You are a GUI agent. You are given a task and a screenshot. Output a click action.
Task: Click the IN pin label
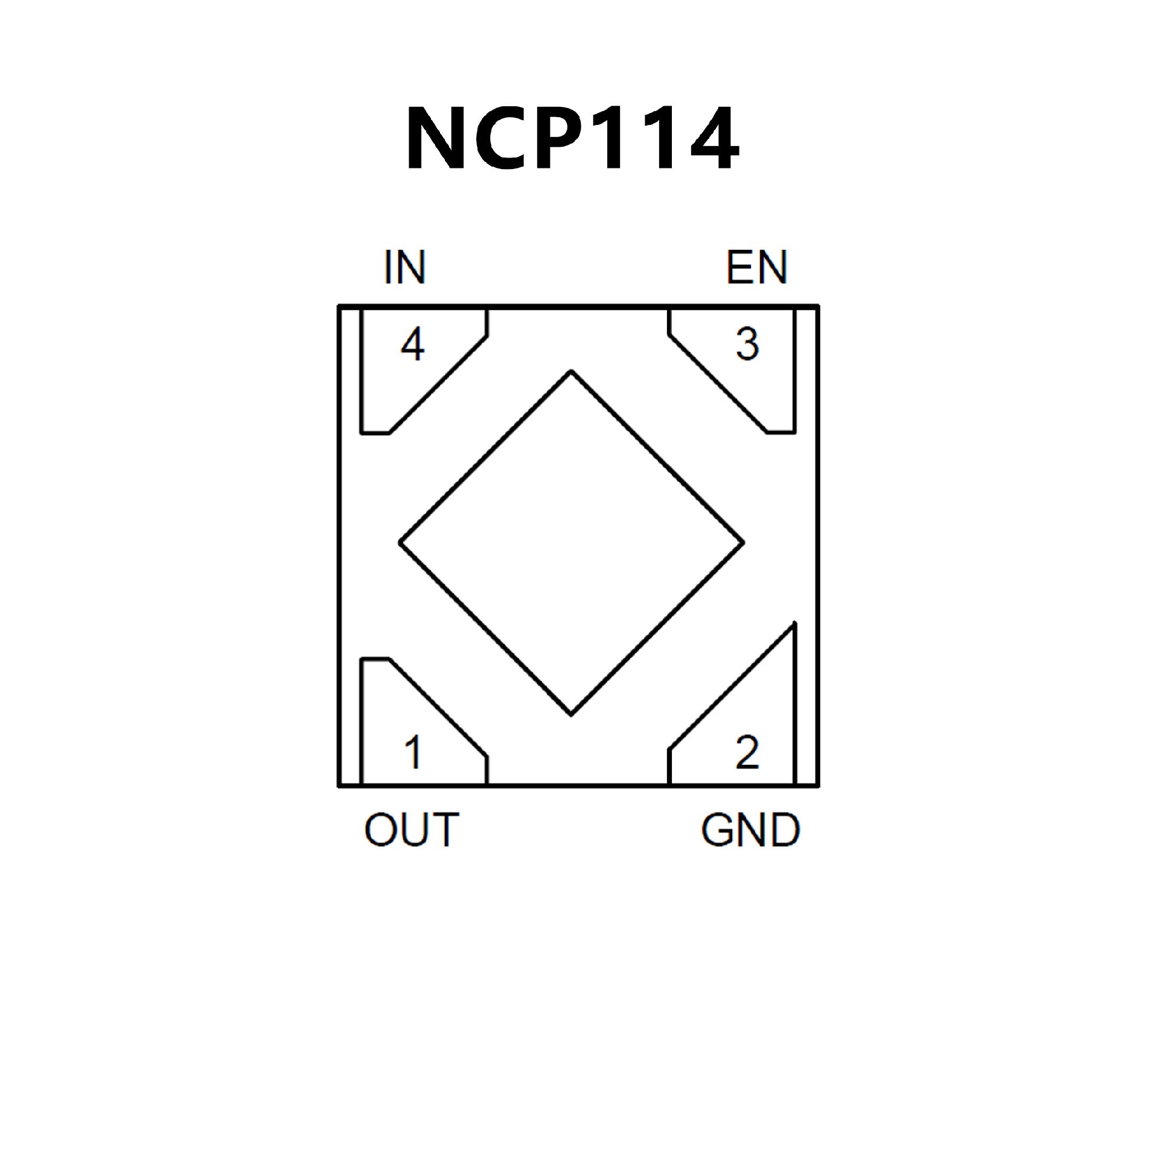(x=405, y=267)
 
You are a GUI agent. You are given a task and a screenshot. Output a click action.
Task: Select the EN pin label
(x=757, y=267)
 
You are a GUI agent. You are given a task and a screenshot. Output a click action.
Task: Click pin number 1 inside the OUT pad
(x=413, y=752)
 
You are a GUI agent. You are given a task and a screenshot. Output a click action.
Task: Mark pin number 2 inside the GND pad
(x=747, y=752)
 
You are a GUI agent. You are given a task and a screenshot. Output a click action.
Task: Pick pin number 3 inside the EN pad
(x=747, y=344)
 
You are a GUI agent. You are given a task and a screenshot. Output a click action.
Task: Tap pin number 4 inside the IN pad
(x=413, y=344)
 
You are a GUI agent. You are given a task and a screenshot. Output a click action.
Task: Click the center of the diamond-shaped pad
(x=571, y=543)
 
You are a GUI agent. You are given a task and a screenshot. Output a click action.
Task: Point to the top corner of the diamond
(x=571, y=371)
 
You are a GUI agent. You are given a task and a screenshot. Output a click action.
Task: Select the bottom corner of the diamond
(x=571, y=715)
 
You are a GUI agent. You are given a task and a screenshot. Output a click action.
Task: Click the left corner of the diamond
(x=400, y=543)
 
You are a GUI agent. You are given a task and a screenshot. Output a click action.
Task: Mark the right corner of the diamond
(x=743, y=543)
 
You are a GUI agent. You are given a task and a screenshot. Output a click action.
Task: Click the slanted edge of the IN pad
(x=438, y=385)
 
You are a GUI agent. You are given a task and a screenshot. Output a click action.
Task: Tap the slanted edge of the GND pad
(x=732, y=686)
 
